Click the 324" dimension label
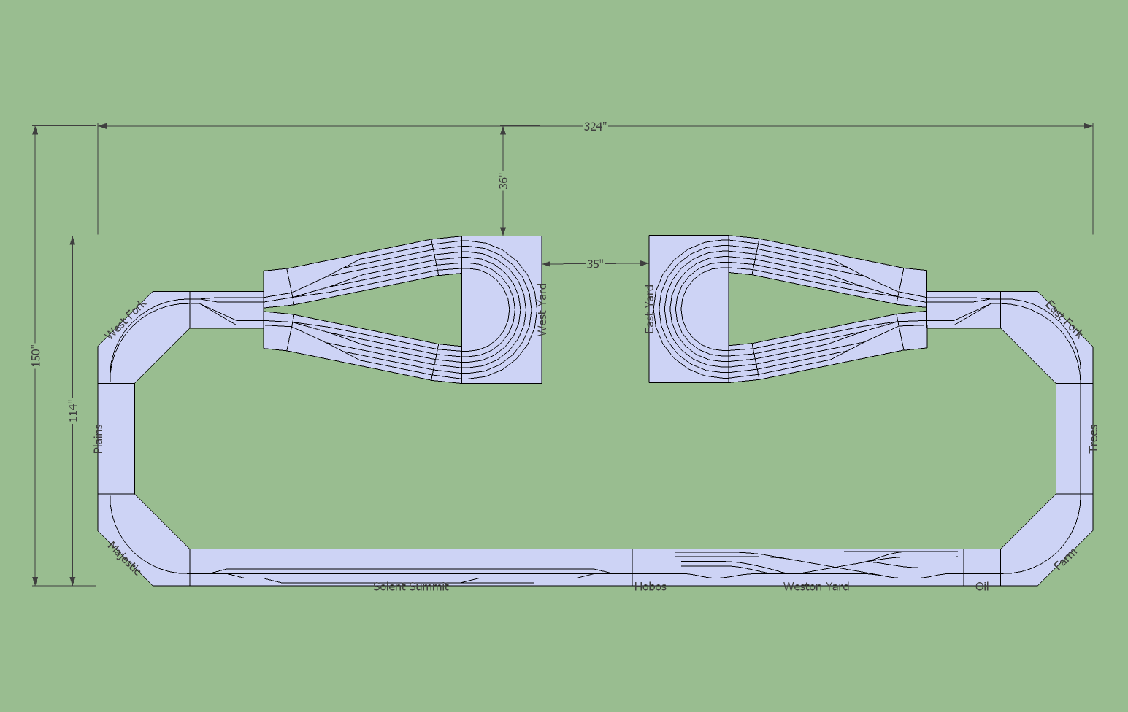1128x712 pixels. (x=595, y=126)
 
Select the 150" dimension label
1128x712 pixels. (x=36, y=356)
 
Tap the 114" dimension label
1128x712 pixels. (x=74, y=411)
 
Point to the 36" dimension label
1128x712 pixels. (x=504, y=182)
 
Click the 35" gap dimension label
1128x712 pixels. (x=595, y=263)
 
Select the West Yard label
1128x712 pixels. (x=542, y=309)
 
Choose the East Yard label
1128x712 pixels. (x=650, y=309)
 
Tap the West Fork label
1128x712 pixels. (x=126, y=320)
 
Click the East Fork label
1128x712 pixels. (x=1064, y=319)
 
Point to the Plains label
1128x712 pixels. (x=98, y=438)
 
